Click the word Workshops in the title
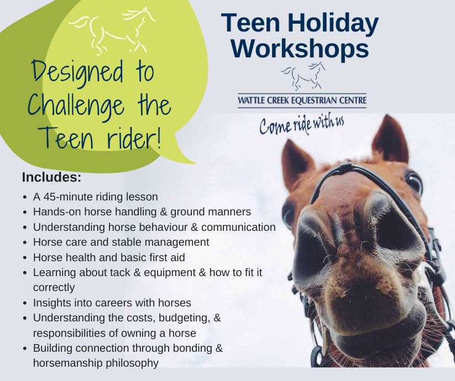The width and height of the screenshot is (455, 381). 300,49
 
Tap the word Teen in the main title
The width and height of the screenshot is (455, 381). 250,23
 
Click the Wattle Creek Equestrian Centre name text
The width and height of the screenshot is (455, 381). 302,100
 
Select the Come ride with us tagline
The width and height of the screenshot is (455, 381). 302,125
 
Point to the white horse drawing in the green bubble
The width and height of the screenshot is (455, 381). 113,30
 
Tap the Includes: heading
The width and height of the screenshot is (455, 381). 51,177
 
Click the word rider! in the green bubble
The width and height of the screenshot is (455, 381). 134,138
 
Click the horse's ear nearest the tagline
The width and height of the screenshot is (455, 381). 296,163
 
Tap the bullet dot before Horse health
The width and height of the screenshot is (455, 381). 25,257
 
